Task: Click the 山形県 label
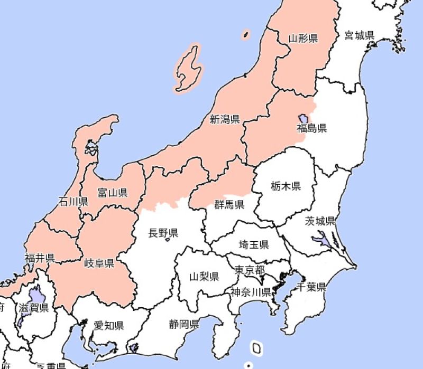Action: (x=302, y=38)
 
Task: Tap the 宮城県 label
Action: (x=359, y=35)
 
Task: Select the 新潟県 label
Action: (x=224, y=120)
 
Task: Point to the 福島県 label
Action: (x=311, y=128)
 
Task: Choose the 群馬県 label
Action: (x=229, y=204)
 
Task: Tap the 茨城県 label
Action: (x=320, y=221)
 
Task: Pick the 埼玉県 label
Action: (x=254, y=244)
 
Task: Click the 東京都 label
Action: (x=250, y=270)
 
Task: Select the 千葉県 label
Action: (x=310, y=287)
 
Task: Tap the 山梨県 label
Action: (x=204, y=276)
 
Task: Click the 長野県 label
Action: (x=163, y=233)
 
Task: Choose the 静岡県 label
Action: (x=184, y=324)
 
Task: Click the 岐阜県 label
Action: (x=99, y=263)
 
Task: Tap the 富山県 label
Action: (x=112, y=193)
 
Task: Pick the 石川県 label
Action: (x=73, y=201)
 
